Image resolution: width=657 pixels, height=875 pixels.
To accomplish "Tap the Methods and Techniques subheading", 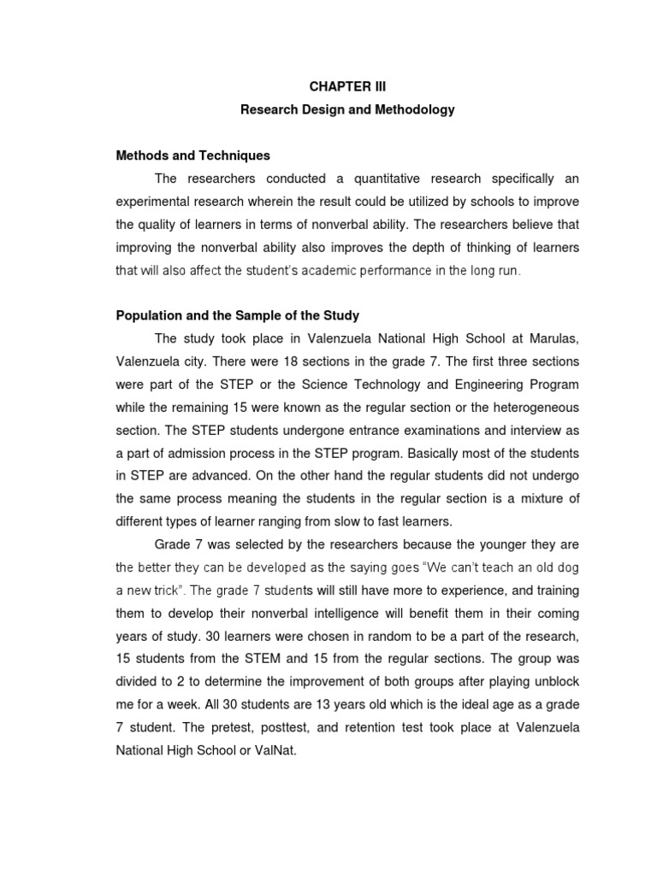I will point(192,156).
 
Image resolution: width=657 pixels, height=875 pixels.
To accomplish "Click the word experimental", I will point(156,202).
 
